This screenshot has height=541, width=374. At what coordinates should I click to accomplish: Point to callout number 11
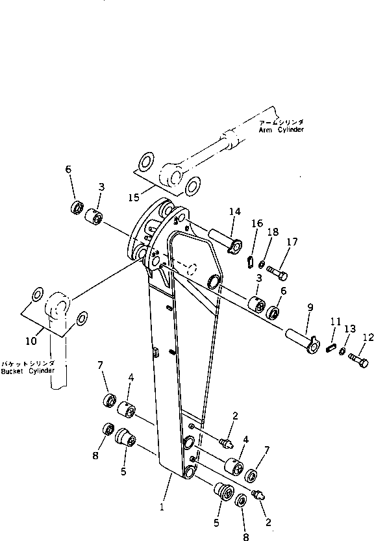pyautogui.click(x=335, y=321)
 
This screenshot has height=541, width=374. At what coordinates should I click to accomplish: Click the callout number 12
pyautogui.click(x=368, y=336)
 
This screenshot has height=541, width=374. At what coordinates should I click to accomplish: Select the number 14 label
pyautogui.click(x=234, y=211)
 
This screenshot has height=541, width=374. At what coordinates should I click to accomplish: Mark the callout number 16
pyautogui.click(x=257, y=223)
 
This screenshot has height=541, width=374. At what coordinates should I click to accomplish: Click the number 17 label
pyautogui.click(x=292, y=242)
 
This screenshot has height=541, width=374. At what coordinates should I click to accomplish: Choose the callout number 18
pyautogui.click(x=273, y=231)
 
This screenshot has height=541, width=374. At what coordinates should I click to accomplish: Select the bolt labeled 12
pyautogui.click(x=358, y=357)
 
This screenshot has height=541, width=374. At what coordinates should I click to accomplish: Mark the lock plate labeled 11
pyautogui.click(x=329, y=348)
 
